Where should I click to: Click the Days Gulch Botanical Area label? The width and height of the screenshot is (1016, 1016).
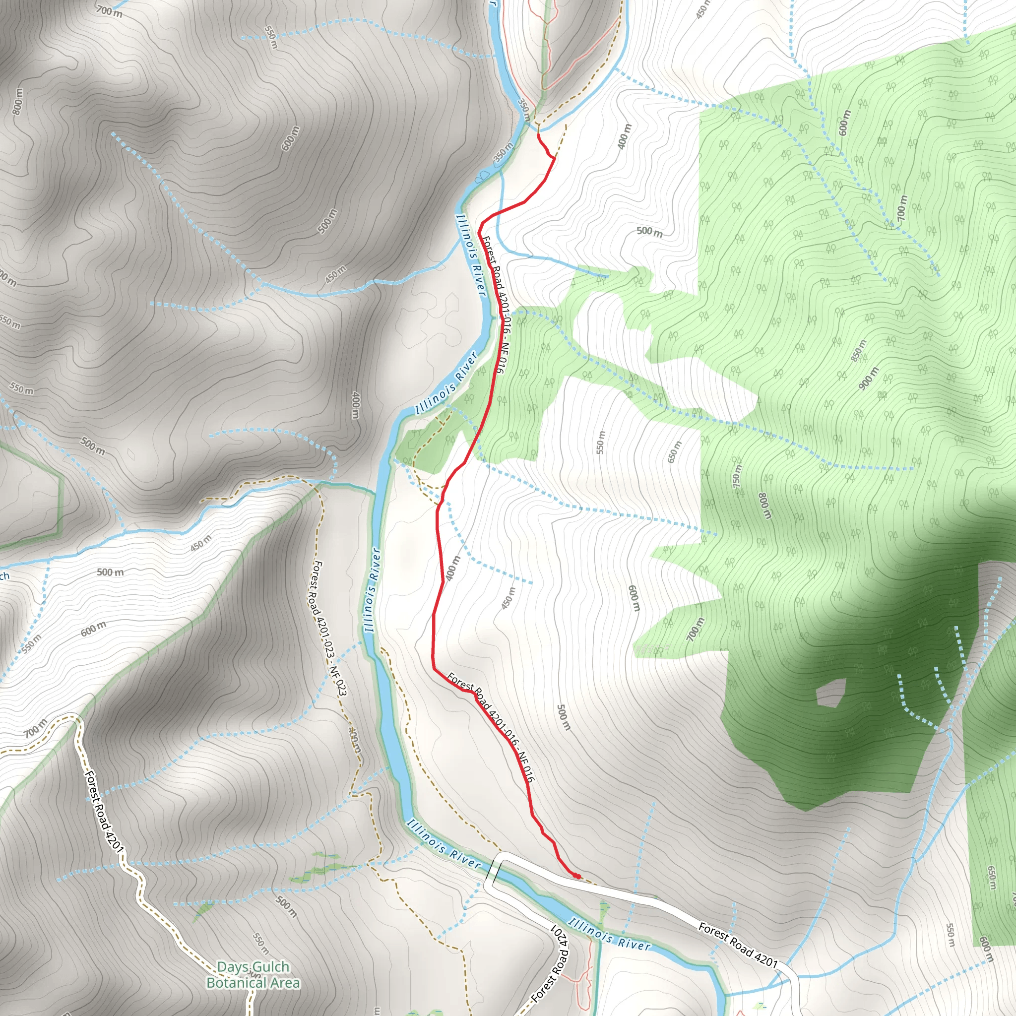tap(253, 960)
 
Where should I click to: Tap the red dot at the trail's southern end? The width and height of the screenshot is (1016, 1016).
tap(576, 876)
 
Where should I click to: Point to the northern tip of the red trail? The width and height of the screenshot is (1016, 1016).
tap(537, 135)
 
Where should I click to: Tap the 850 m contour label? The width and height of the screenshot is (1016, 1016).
tap(859, 351)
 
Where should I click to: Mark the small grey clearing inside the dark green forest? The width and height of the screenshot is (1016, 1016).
tap(830, 692)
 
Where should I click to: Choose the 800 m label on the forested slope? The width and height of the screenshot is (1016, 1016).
tap(764, 506)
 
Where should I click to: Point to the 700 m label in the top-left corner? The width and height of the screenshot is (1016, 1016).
tap(109, 10)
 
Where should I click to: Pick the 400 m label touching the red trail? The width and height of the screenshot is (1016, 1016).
tap(452, 568)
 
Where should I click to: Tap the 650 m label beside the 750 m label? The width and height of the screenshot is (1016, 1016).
tap(674, 452)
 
